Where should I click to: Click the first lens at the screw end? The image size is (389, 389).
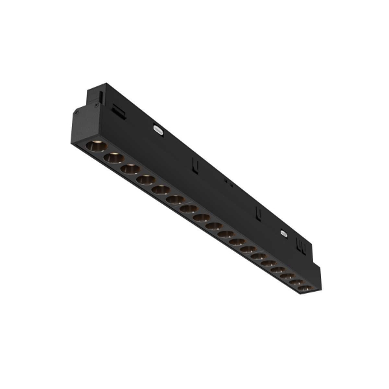pyautogui.click(x=95, y=146)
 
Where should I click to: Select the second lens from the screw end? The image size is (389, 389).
pyautogui.click(x=112, y=158)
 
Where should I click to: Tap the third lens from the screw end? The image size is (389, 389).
pyautogui.click(x=130, y=169)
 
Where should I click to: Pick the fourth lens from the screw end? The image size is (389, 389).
pyautogui.click(x=146, y=180)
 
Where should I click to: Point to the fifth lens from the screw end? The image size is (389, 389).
pyautogui.click(x=161, y=190)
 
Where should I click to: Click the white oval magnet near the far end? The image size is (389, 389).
pyautogui.click(x=283, y=231)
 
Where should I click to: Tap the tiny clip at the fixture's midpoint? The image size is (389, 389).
pyautogui.click(x=228, y=183)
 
